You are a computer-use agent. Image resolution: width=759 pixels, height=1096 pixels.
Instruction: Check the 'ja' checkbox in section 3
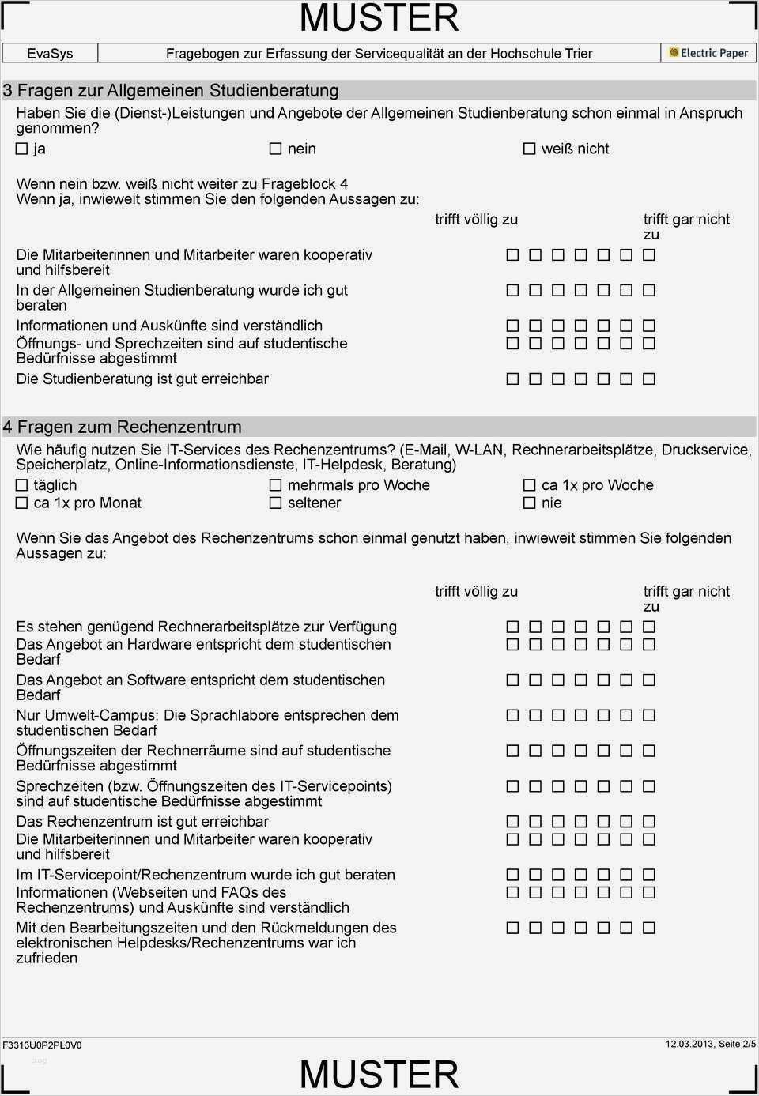pyautogui.click(x=22, y=149)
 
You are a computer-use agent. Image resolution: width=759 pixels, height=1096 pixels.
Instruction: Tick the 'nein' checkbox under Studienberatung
pyautogui.click(x=275, y=149)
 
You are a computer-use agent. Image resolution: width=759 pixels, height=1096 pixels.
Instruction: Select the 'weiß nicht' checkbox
pyautogui.click(x=530, y=149)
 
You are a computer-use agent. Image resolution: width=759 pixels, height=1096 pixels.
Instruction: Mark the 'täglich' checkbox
pyautogui.click(x=22, y=485)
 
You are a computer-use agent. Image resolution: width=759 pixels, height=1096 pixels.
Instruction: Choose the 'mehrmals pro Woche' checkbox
pyautogui.click(x=275, y=485)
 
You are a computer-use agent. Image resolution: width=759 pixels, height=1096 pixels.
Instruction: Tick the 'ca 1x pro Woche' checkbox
pyautogui.click(x=530, y=485)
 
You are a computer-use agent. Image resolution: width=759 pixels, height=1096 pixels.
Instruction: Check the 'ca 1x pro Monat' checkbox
pyautogui.click(x=22, y=503)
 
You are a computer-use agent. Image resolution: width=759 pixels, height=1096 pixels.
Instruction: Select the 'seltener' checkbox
pyautogui.click(x=275, y=503)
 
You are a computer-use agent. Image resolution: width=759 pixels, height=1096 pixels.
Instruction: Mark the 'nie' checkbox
pyautogui.click(x=530, y=503)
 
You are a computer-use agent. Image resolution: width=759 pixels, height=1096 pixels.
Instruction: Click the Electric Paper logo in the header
pyautogui.click(x=708, y=53)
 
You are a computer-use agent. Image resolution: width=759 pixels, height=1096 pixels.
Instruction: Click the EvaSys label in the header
pyautogui.click(x=50, y=54)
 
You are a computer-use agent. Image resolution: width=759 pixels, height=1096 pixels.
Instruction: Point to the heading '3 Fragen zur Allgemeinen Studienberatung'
pyautogui.click(x=171, y=90)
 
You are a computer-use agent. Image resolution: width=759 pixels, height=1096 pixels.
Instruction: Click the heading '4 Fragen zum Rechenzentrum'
pyautogui.click(x=123, y=427)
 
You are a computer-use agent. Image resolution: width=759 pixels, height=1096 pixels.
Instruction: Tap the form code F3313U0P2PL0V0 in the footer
pyautogui.click(x=42, y=1045)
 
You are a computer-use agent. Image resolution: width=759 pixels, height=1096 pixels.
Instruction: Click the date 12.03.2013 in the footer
pyautogui.click(x=689, y=1044)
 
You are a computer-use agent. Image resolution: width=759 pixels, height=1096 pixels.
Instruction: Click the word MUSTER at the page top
pyautogui.click(x=379, y=18)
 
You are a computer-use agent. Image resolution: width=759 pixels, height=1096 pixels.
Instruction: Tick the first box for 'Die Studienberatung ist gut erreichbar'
pyautogui.click(x=512, y=379)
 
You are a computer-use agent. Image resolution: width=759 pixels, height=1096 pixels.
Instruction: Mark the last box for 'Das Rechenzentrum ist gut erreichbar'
pyautogui.click(x=649, y=822)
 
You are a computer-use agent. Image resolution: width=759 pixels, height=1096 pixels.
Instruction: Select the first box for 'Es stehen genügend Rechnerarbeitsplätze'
pyautogui.click(x=512, y=627)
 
